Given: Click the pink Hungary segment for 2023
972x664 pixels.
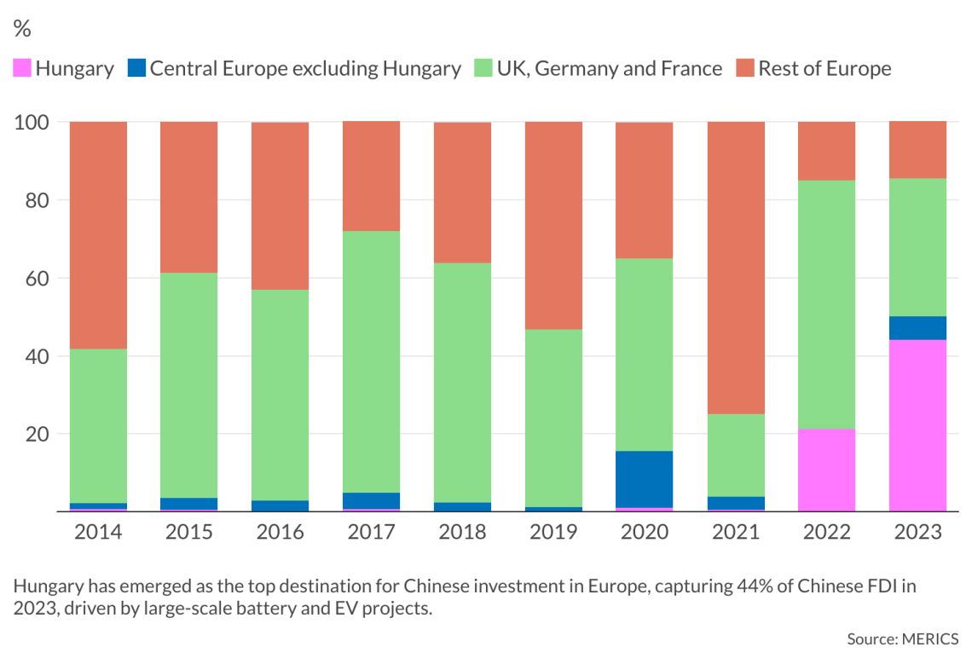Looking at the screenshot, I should pyautogui.click(x=917, y=425).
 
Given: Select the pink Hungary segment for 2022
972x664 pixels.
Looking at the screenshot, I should pyautogui.click(x=826, y=470).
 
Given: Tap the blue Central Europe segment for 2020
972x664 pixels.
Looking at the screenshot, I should pyautogui.click(x=644, y=479).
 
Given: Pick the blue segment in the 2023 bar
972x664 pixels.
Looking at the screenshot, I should pyautogui.click(x=917, y=328).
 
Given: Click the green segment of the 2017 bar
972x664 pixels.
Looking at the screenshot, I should pyautogui.click(x=371, y=361).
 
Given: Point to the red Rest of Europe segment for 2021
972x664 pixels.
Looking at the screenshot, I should pyautogui.click(x=735, y=268).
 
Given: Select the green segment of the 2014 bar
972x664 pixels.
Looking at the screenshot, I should pyautogui.click(x=98, y=425).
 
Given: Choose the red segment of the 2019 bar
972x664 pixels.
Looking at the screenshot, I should pyautogui.click(x=553, y=225).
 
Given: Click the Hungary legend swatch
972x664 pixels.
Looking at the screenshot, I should pyautogui.click(x=21, y=68).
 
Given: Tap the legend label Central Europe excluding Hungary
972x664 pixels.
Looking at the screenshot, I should pyautogui.click(x=305, y=68).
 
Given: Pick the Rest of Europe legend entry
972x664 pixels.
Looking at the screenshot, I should pyautogui.click(x=824, y=68).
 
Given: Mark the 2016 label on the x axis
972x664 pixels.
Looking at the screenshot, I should pyautogui.click(x=280, y=533).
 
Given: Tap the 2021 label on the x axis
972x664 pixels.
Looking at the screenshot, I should pyautogui.click(x=735, y=533).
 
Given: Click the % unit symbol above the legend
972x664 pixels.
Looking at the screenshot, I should pyautogui.click(x=22, y=29).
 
